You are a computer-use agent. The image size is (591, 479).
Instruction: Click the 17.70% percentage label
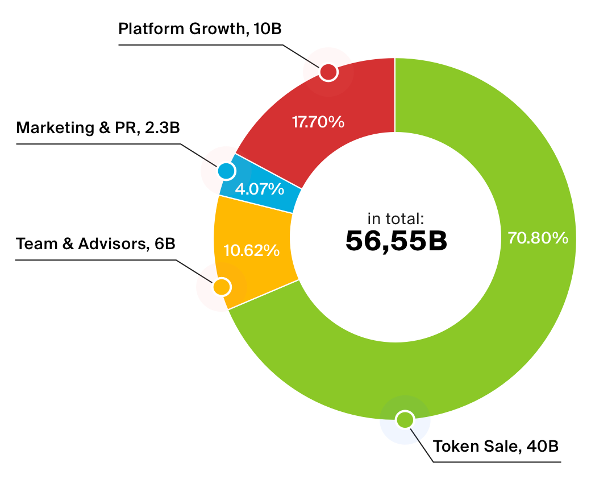pos(318,122)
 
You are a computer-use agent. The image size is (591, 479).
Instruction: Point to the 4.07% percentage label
pos(260,189)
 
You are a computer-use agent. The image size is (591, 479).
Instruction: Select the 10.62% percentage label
pos(251,250)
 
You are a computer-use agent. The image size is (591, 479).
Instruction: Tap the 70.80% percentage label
pos(538,238)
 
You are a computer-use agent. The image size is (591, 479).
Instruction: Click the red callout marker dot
pos(328,72)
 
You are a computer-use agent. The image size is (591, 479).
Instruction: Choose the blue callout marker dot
pos(226,171)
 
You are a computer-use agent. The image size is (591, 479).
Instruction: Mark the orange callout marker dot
pos(222,287)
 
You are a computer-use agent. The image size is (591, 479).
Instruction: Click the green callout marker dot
pos(405,419)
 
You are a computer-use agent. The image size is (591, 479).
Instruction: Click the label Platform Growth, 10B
pos(200,28)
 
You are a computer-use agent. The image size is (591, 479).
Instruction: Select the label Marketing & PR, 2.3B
pos(98,127)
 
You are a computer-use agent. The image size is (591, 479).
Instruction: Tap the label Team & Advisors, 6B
pos(95,244)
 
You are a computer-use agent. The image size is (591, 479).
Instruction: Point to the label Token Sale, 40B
pos(496,446)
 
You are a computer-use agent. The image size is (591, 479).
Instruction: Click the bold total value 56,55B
pos(396,241)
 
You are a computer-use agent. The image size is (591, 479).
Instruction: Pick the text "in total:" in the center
pos(396,218)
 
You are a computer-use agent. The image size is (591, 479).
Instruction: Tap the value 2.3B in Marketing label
pos(163,127)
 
